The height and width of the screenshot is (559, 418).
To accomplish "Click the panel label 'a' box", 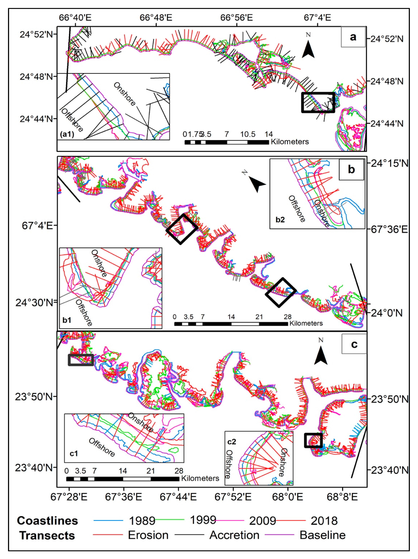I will point(353,37).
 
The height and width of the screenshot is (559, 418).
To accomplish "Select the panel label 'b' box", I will point(351,169).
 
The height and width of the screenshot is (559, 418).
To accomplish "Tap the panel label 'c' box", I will point(354,344).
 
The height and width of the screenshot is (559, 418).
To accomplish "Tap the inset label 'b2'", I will point(280,219).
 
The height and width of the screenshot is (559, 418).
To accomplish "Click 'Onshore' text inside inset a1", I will point(124,94).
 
